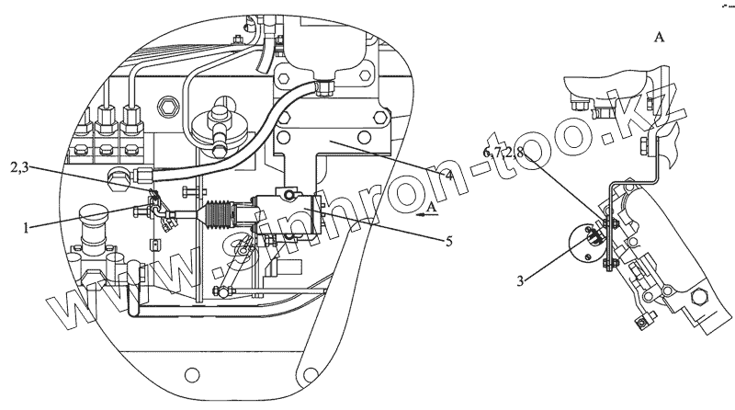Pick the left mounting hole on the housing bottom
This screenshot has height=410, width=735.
click(191, 375)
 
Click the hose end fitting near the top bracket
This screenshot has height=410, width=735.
click(322, 88)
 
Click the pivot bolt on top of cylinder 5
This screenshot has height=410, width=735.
click(288, 196)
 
